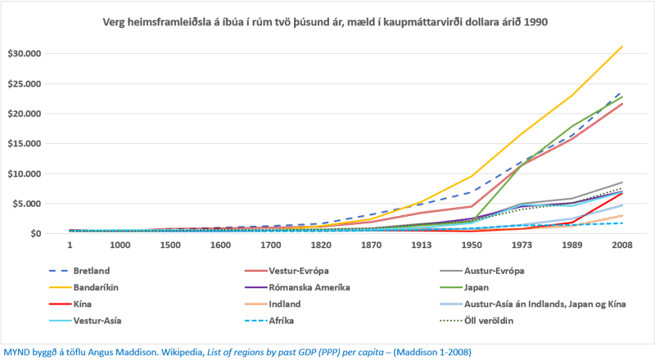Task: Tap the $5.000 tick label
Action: (x=25, y=204)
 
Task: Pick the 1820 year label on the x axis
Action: (x=320, y=245)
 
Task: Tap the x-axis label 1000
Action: (x=120, y=245)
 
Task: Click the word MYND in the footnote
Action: (x=18, y=352)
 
